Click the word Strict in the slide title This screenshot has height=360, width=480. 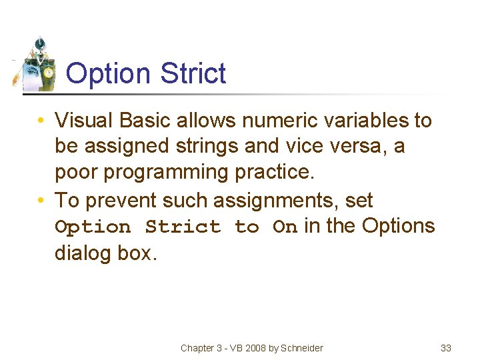194,73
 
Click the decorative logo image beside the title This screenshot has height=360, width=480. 35,66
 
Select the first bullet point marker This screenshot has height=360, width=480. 41,121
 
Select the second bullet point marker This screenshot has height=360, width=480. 41,201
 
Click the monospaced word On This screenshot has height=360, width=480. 285,227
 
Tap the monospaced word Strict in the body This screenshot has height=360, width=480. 183,227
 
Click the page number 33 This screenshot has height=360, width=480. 446,348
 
